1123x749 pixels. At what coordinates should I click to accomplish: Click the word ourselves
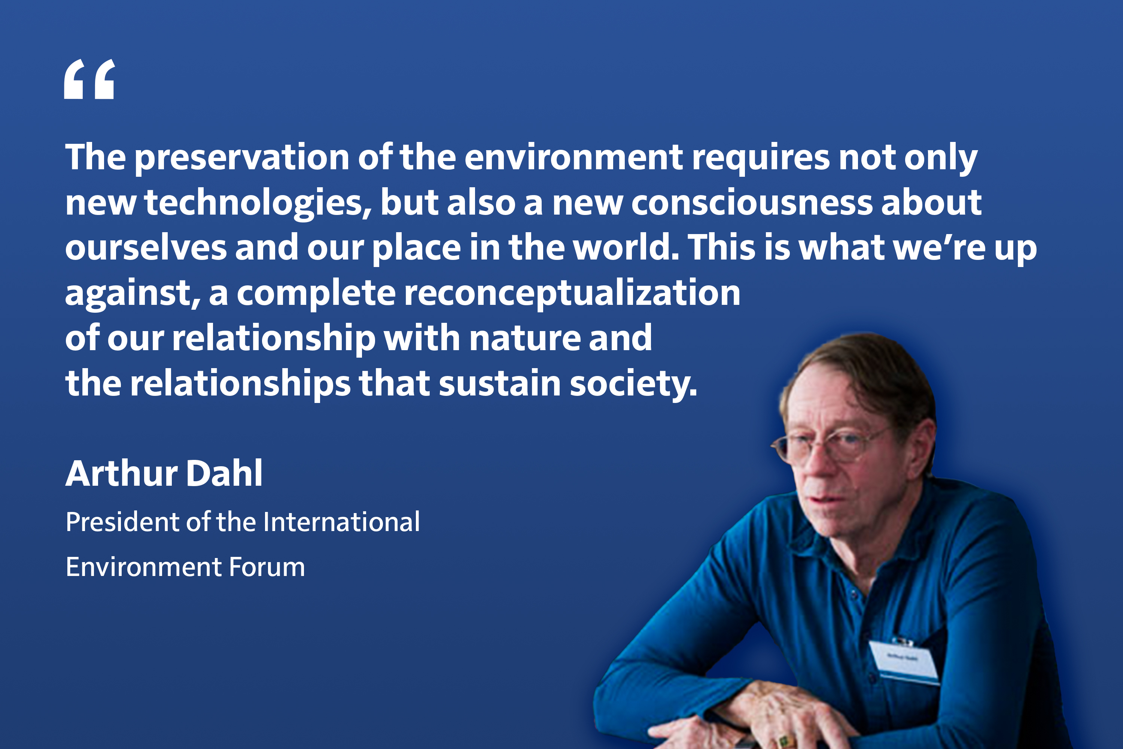(x=146, y=248)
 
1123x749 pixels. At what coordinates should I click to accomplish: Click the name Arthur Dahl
(x=164, y=473)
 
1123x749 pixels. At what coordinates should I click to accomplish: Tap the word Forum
(x=267, y=567)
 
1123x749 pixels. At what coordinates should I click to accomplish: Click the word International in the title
(x=341, y=522)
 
